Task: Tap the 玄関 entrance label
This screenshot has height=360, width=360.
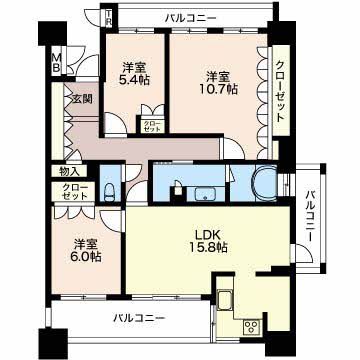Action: [x=81, y=98]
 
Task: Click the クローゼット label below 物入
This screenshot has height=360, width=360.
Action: [x=73, y=192]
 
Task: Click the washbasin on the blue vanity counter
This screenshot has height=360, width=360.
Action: [x=207, y=192]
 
